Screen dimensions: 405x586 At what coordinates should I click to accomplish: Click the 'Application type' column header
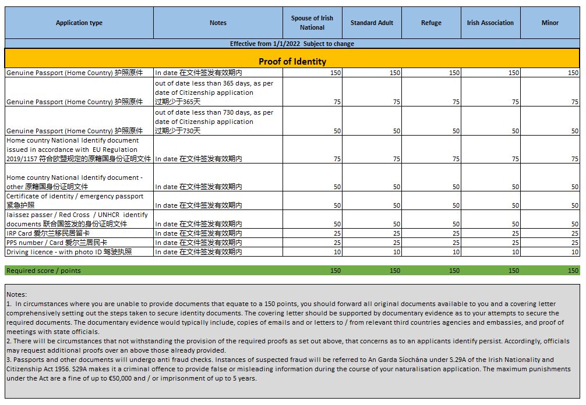[79, 23]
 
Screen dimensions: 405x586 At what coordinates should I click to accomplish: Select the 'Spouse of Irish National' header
[312, 23]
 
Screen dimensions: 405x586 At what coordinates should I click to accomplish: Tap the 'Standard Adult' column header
[372, 23]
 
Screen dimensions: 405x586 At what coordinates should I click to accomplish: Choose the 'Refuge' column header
[431, 23]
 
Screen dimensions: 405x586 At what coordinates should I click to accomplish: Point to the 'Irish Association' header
[490, 23]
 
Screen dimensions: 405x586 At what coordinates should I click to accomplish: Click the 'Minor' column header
[550, 23]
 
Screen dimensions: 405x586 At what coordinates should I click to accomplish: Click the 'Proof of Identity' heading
[292, 61]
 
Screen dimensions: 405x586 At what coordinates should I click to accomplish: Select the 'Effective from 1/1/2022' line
[292, 44]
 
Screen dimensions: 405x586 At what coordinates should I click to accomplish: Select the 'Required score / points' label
[44, 271]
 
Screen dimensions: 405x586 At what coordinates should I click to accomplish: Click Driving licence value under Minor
[574, 252]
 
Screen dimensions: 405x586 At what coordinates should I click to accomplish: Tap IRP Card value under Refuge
[455, 233]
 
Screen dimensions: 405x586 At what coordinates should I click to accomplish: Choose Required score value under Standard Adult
[394, 271]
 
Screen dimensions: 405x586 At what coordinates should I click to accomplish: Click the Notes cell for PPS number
[199, 243]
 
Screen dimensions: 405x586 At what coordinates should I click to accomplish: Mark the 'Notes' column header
[218, 23]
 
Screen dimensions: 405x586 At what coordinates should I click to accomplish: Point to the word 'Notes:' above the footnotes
[16, 295]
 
